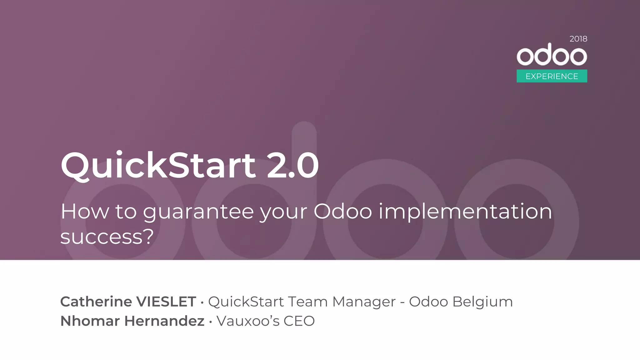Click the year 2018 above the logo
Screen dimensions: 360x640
[x=578, y=39]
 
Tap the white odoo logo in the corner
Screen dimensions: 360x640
[x=552, y=55]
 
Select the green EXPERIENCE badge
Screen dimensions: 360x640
[x=552, y=76]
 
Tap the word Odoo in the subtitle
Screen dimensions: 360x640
[x=342, y=212]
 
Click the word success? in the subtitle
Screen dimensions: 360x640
[x=107, y=237]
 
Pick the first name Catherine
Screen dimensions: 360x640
[x=96, y=302]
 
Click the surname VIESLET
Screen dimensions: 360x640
[x=167, y=302]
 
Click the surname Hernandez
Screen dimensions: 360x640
[x=164, y=321]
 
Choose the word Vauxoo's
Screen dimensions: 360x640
[x=248, y=321]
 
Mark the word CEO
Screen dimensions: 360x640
[x=299, y=321]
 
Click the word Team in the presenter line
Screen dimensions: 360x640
[x=307, y=302]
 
